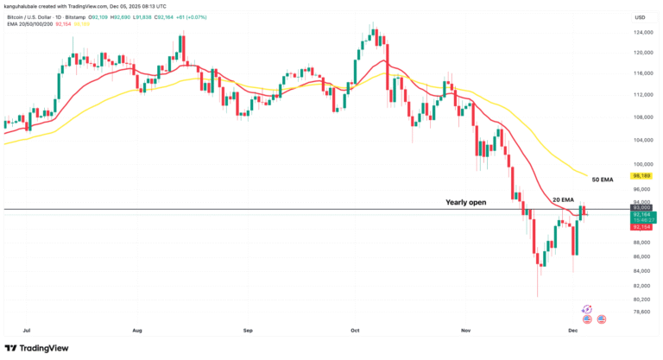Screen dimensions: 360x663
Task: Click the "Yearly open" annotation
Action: tap(465, 202)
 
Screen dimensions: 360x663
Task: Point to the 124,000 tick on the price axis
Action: tap(640, 34)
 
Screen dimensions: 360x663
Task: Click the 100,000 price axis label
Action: tap(640, 164)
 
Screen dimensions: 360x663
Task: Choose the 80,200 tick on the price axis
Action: tap(640, 299)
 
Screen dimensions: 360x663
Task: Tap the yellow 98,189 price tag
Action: tap(640, 175)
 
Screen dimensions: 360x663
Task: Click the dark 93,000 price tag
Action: tap(640, 208)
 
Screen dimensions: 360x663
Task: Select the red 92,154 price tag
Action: tap(640, 227)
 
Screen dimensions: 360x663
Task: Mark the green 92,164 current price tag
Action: tap(640, 215)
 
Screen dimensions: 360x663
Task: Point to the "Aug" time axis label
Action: tap(137, 330)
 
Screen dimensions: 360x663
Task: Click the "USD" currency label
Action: tap(640, 17)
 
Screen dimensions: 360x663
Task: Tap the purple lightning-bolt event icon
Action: tap(587, 308)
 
